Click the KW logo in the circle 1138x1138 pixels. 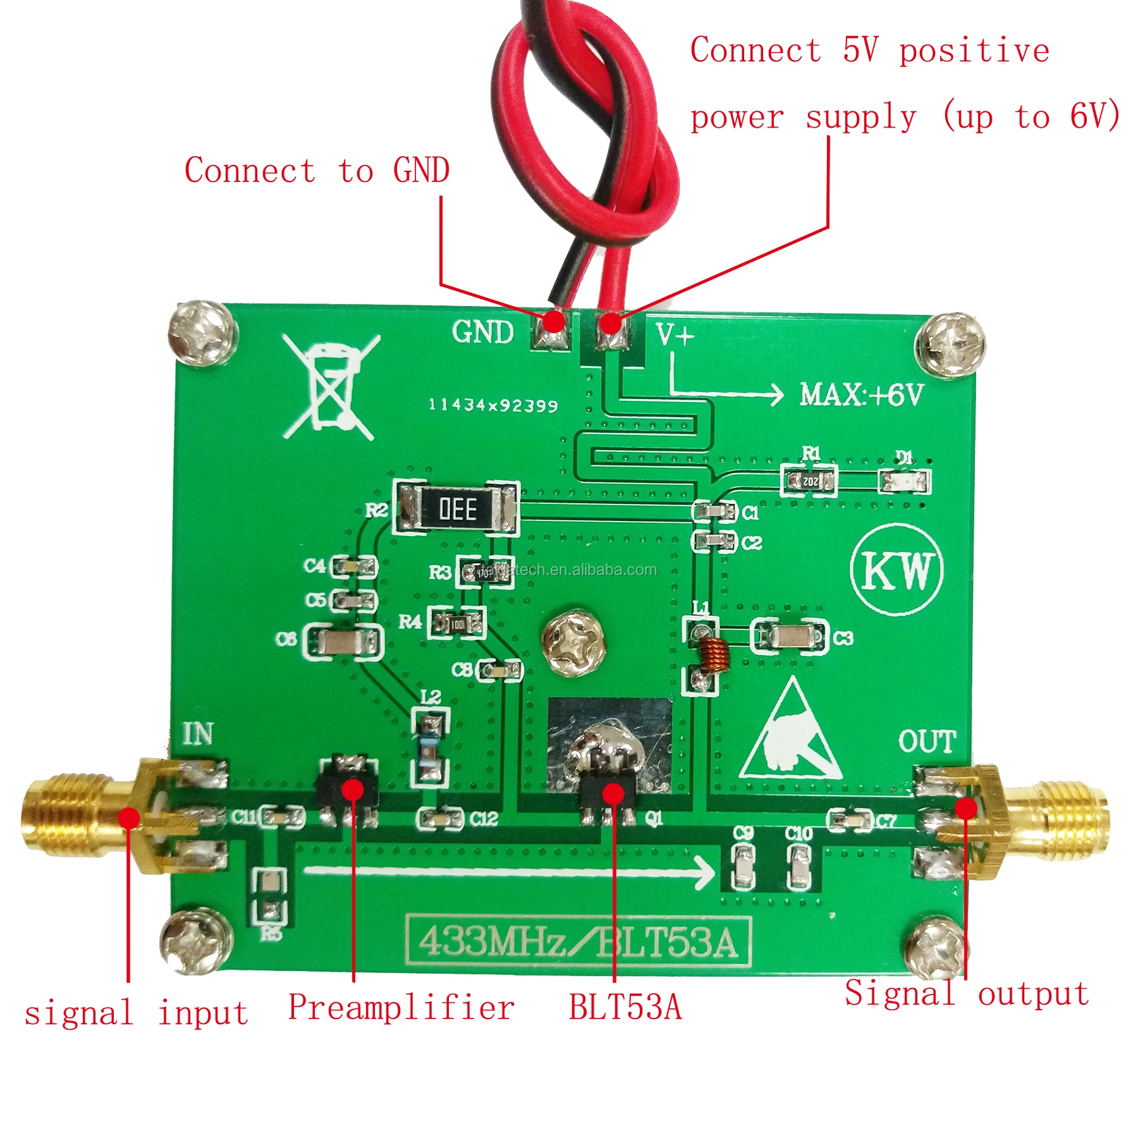point(896,570)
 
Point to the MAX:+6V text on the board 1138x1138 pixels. point(861,395)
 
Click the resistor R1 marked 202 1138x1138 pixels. point(809,481)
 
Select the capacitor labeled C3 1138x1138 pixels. point(789,637)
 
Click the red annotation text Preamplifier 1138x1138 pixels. point(401,1008)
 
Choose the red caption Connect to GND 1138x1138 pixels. point(317,171)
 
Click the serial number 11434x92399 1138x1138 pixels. point(493,405)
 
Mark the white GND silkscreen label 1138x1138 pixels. point(483,332)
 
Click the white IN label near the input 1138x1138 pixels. point(198,734)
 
